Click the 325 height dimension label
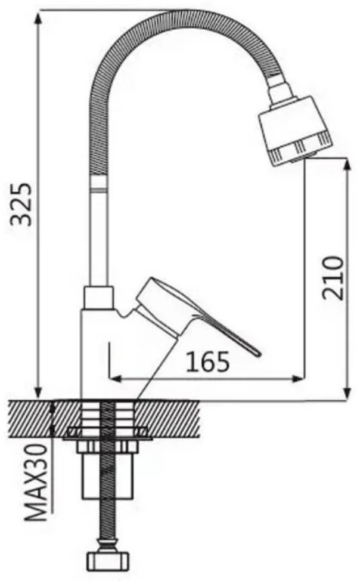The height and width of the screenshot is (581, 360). [21, 203]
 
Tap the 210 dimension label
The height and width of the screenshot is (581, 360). [332, 277]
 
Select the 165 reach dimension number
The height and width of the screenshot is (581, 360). [207, 362]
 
